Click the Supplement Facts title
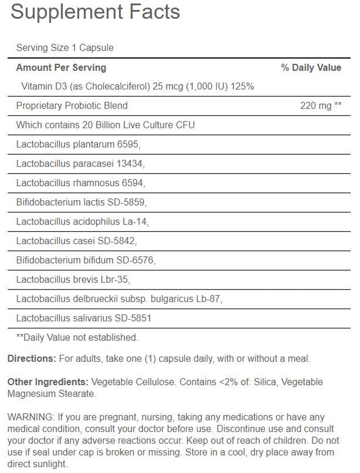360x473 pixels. click(x=95, y=13)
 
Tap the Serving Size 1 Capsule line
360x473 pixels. click(x=65, y=48)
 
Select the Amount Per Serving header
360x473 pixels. click(x=61, y=68)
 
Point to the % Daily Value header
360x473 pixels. click(x=311, y=68)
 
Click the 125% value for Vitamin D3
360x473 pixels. click(x=243, y=86)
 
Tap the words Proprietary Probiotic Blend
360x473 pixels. click(x=72, y=106)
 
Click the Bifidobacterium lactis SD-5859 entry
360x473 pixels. click(x=81, y=203)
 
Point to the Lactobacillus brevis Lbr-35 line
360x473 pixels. click(x=73, y=280)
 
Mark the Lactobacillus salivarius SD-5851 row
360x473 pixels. click(x=84, y=318)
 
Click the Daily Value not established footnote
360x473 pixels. click(x=77, y=337)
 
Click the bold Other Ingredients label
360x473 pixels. click(x=48, y=382)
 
